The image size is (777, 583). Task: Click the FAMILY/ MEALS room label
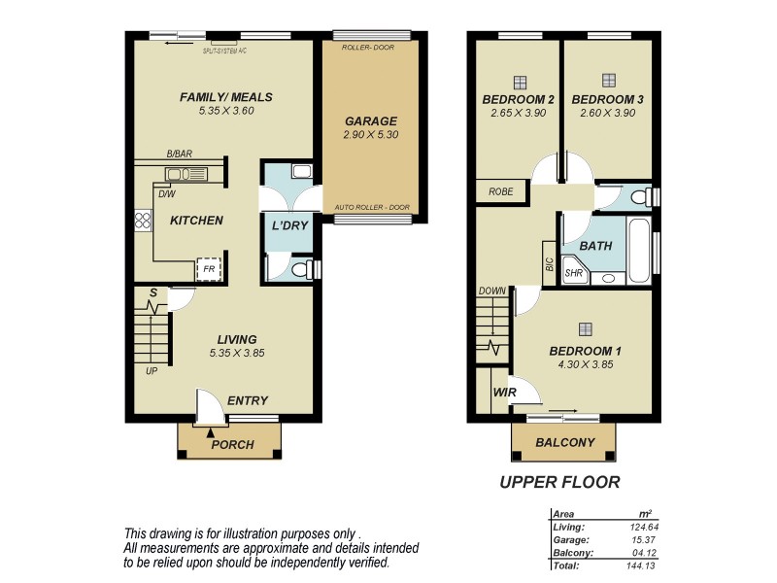[x=225, y=97]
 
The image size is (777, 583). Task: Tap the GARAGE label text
[x=370, y=121]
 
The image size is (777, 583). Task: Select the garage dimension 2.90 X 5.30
[x=370, y=136]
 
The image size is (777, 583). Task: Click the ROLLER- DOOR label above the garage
[x=370, y=47]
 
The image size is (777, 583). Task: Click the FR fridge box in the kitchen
[x=208, y=269]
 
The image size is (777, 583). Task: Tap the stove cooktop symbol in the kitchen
[x=144, y=221]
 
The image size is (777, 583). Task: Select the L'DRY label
[x=288, y=225]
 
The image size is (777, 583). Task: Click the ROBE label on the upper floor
[x=501, y=192]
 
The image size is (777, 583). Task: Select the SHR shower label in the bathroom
[x=575, y=274]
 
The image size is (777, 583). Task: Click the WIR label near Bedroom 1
[x=504, y=393]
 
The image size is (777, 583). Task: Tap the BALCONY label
[x=564, y=443]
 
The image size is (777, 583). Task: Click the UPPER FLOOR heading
[x=559, y=481]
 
